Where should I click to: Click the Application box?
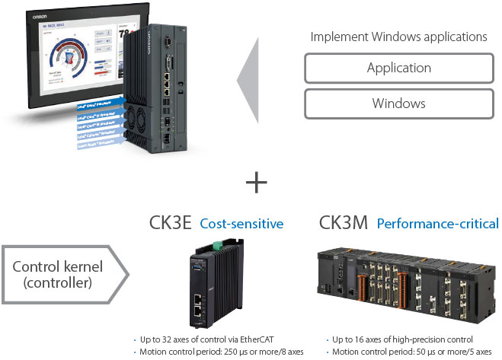click(x=398, y=68)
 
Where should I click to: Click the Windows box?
click(x=398, y=104)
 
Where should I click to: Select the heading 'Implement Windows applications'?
click(x=398, y=36)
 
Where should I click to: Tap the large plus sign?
click(x=258, y=183)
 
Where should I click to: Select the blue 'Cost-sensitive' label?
click(x=241, y=224)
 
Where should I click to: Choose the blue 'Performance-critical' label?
click(x=438, y=224)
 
